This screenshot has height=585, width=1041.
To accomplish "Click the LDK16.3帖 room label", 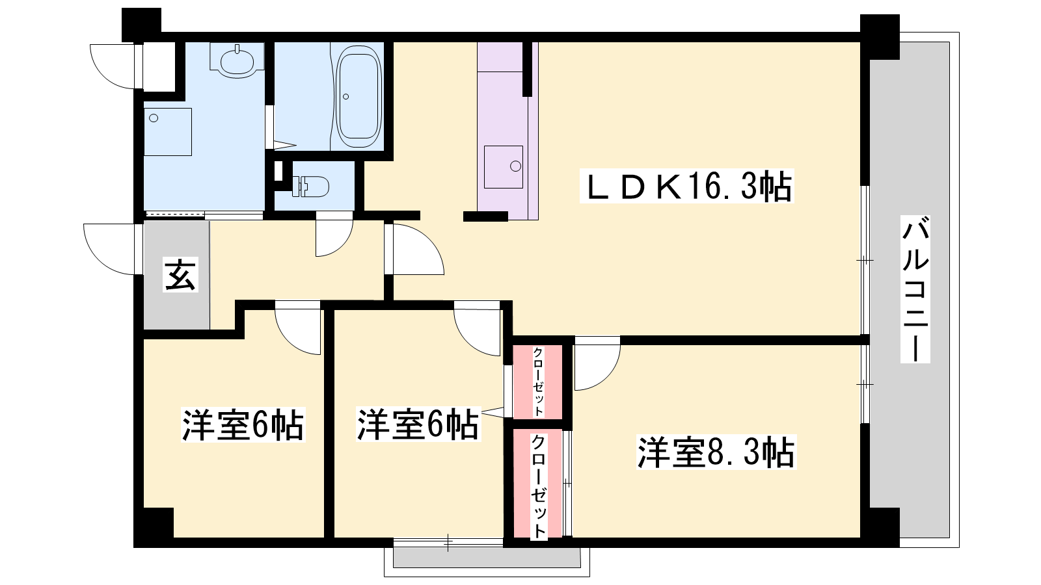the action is point(687,186).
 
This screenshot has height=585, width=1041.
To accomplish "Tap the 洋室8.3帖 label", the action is point(716,452).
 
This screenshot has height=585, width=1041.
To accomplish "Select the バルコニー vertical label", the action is point(915,289).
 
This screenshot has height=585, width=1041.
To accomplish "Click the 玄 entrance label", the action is point(181,275).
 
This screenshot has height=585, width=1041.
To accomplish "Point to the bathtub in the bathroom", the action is point(358,97).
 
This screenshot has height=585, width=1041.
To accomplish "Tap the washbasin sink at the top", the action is point(237,60).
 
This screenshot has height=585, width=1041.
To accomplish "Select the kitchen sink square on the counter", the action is point(504,167).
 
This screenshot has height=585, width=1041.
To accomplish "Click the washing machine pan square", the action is point(168,132).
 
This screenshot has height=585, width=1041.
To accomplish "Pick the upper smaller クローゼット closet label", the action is point(537,381).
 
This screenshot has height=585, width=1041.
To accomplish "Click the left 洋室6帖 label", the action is point(243,424).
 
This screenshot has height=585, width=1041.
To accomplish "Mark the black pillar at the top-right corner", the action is point(880,36).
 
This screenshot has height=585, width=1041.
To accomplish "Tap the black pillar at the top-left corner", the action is point(141,25).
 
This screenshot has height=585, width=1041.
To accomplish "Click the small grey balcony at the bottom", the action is point(487,558).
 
